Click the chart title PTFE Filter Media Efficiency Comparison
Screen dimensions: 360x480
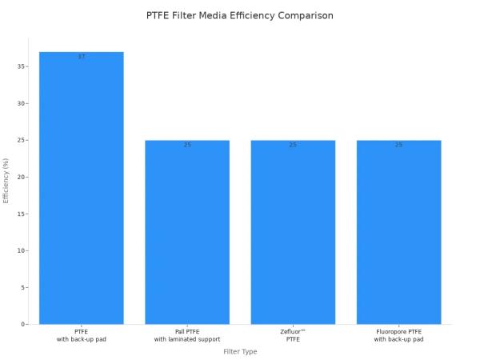pyautogui.click(x=240, y=16)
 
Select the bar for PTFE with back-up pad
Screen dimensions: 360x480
pyautogui.click(x=82, y=188)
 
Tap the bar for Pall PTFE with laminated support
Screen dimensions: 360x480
pyautogui.click(x=187, y=232)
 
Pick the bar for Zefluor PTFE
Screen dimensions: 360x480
pyautogui.click(x=293, y=232)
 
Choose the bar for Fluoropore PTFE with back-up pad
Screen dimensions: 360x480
pyautogui.click(x=398, y=232)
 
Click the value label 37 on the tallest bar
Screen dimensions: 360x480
pyautogui.click(x=82, y=57)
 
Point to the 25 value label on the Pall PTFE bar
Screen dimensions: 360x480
pyautogui.click(x=187, y=145)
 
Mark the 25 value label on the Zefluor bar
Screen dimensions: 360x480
pyautogui.click(x=293, y=145)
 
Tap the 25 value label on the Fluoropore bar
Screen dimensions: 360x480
pyautogui.click(x=398, y=145)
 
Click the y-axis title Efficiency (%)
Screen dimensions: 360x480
pyautogui.click(x=6, y=180)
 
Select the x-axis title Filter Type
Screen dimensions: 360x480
pyautogui.click(x=240, y=352)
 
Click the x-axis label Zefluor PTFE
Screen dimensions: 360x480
pyautogui.click(x=293, y=335)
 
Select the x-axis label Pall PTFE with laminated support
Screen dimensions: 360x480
pyautogui.click(x=187, y=335)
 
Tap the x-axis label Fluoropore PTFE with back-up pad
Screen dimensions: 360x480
pyautogui.click(x=398, y=335)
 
